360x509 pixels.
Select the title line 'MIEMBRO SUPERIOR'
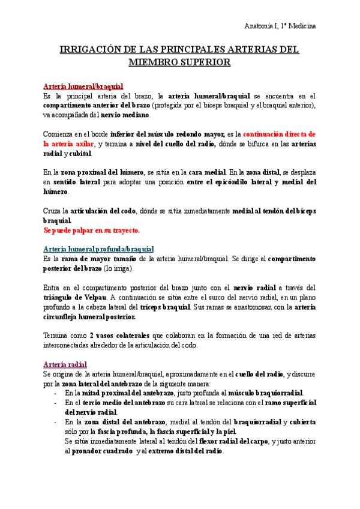179,61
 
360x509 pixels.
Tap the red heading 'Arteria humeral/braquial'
83,86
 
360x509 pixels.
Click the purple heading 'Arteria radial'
65,364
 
